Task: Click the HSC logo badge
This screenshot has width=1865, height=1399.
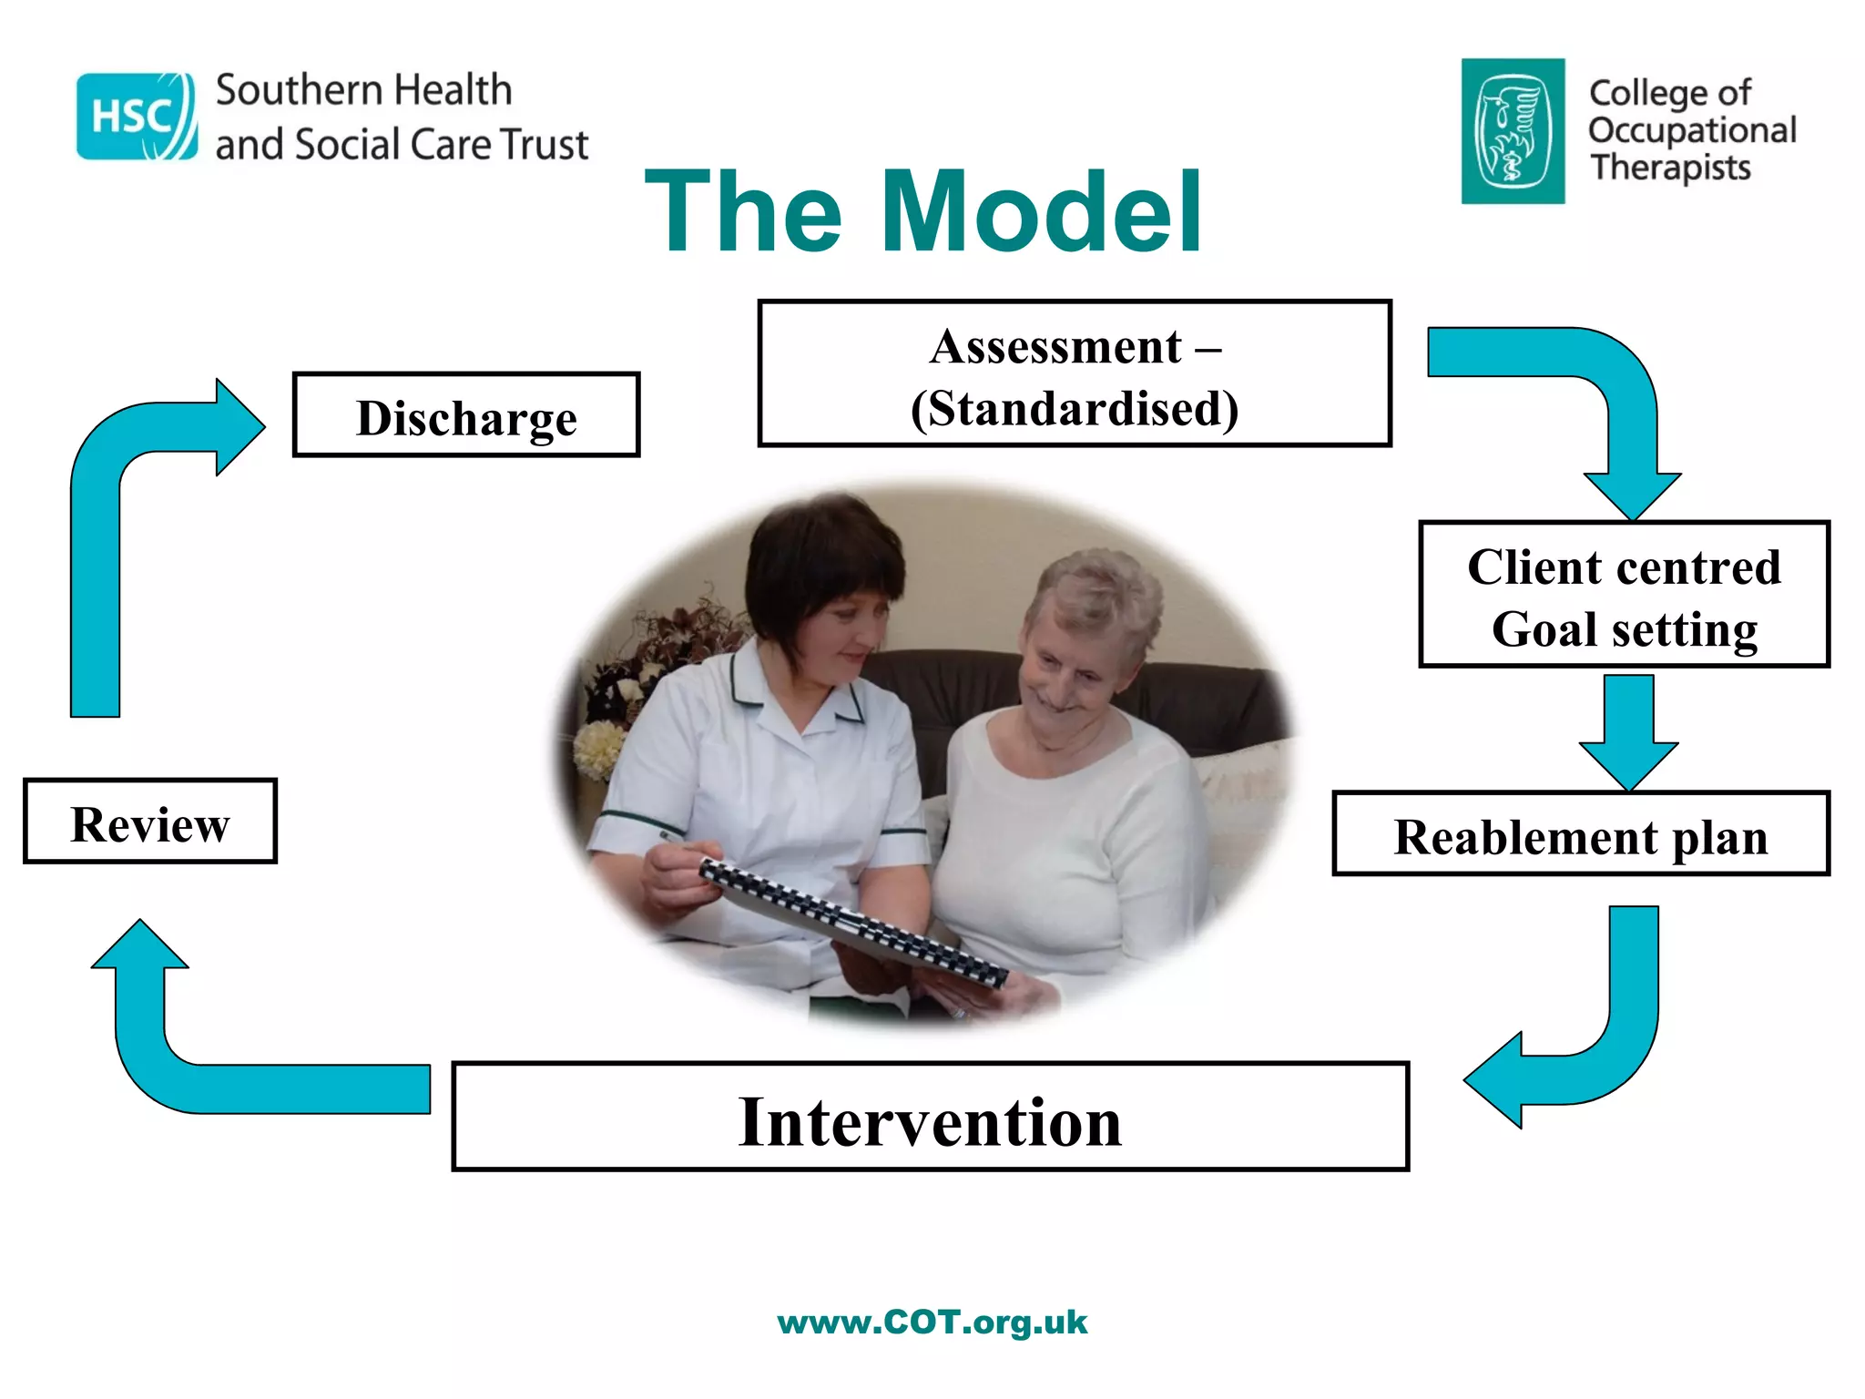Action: click(137, 117)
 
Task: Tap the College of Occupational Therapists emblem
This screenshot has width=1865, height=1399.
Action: click(1513, 131)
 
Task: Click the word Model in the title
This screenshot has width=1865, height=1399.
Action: click(1042, 213)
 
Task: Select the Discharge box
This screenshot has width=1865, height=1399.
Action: click(466, 415)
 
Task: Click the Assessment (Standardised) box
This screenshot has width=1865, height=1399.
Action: click(1075, 373)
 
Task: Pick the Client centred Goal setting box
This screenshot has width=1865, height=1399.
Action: click(1624, 595)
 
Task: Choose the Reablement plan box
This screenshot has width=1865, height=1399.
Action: click(1581, 834)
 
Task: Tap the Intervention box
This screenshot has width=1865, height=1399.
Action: click(930, 1117)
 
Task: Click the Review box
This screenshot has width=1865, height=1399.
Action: click(150, 822)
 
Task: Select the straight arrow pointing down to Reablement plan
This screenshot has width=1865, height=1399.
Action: click(1628, 729)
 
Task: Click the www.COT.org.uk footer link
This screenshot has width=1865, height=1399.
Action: click(932, 1322)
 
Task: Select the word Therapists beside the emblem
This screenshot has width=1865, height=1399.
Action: click(1671, 168)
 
